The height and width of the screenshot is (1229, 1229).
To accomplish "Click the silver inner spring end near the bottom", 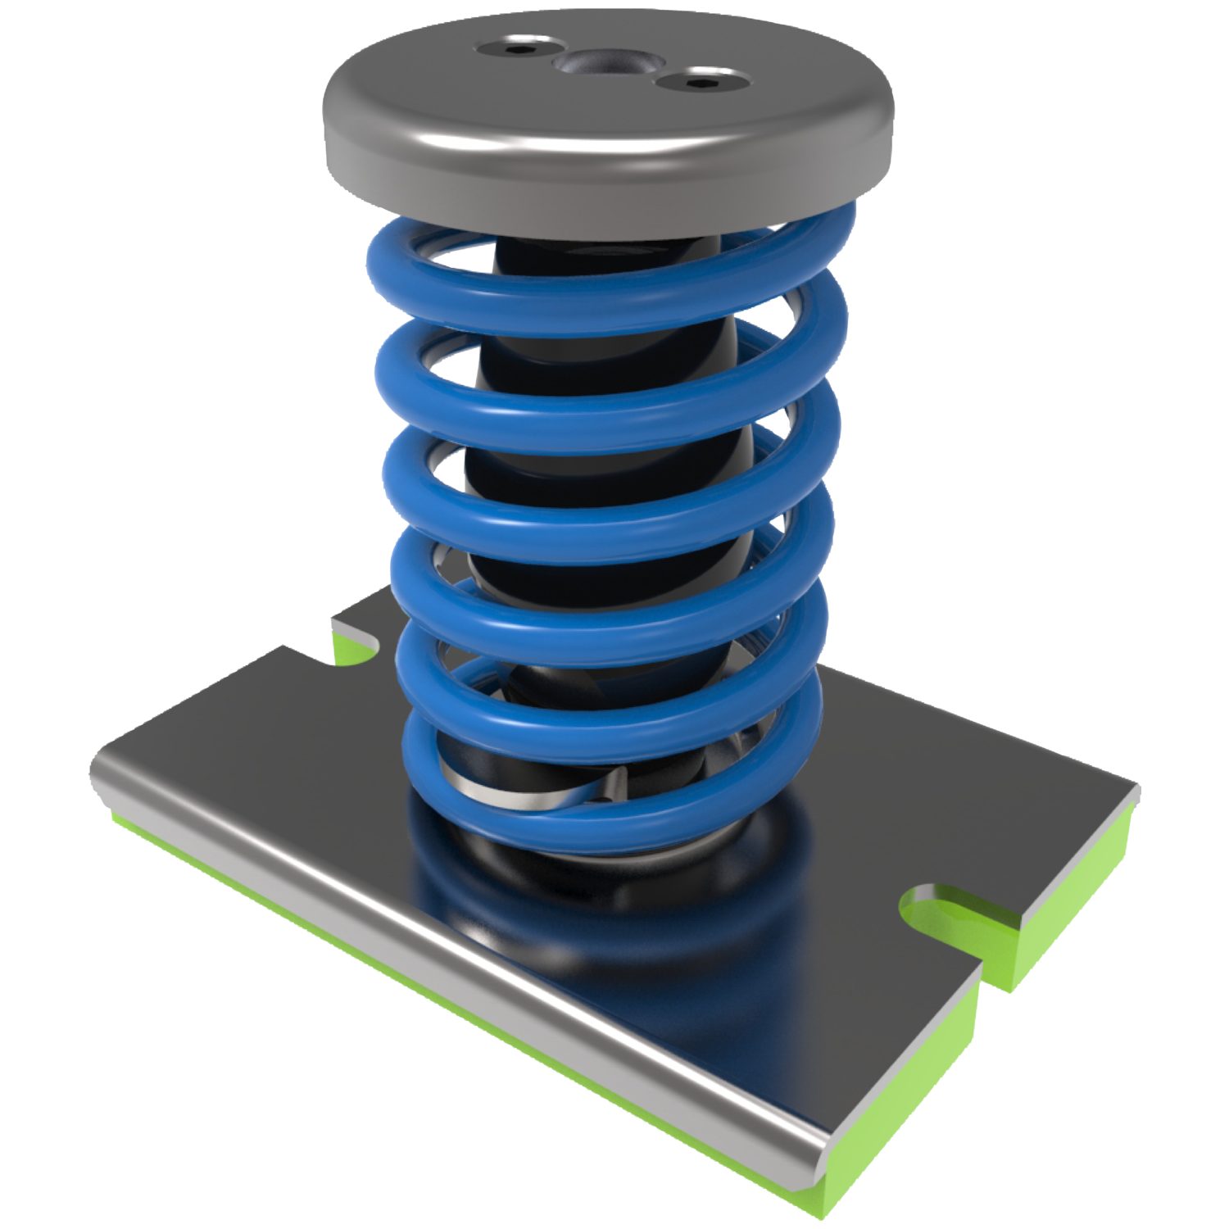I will click(483, 787).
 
